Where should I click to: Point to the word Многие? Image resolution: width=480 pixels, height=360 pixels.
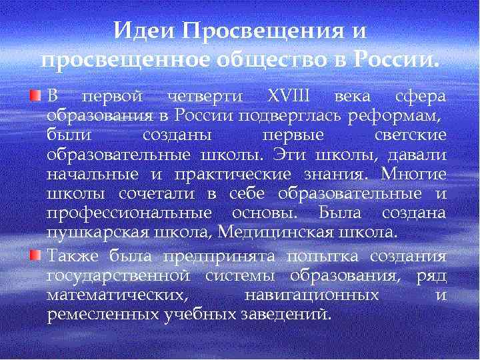click(414, 175)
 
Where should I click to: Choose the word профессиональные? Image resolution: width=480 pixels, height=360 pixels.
click(131, 213)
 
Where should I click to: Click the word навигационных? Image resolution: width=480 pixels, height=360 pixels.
click(313, 295)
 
